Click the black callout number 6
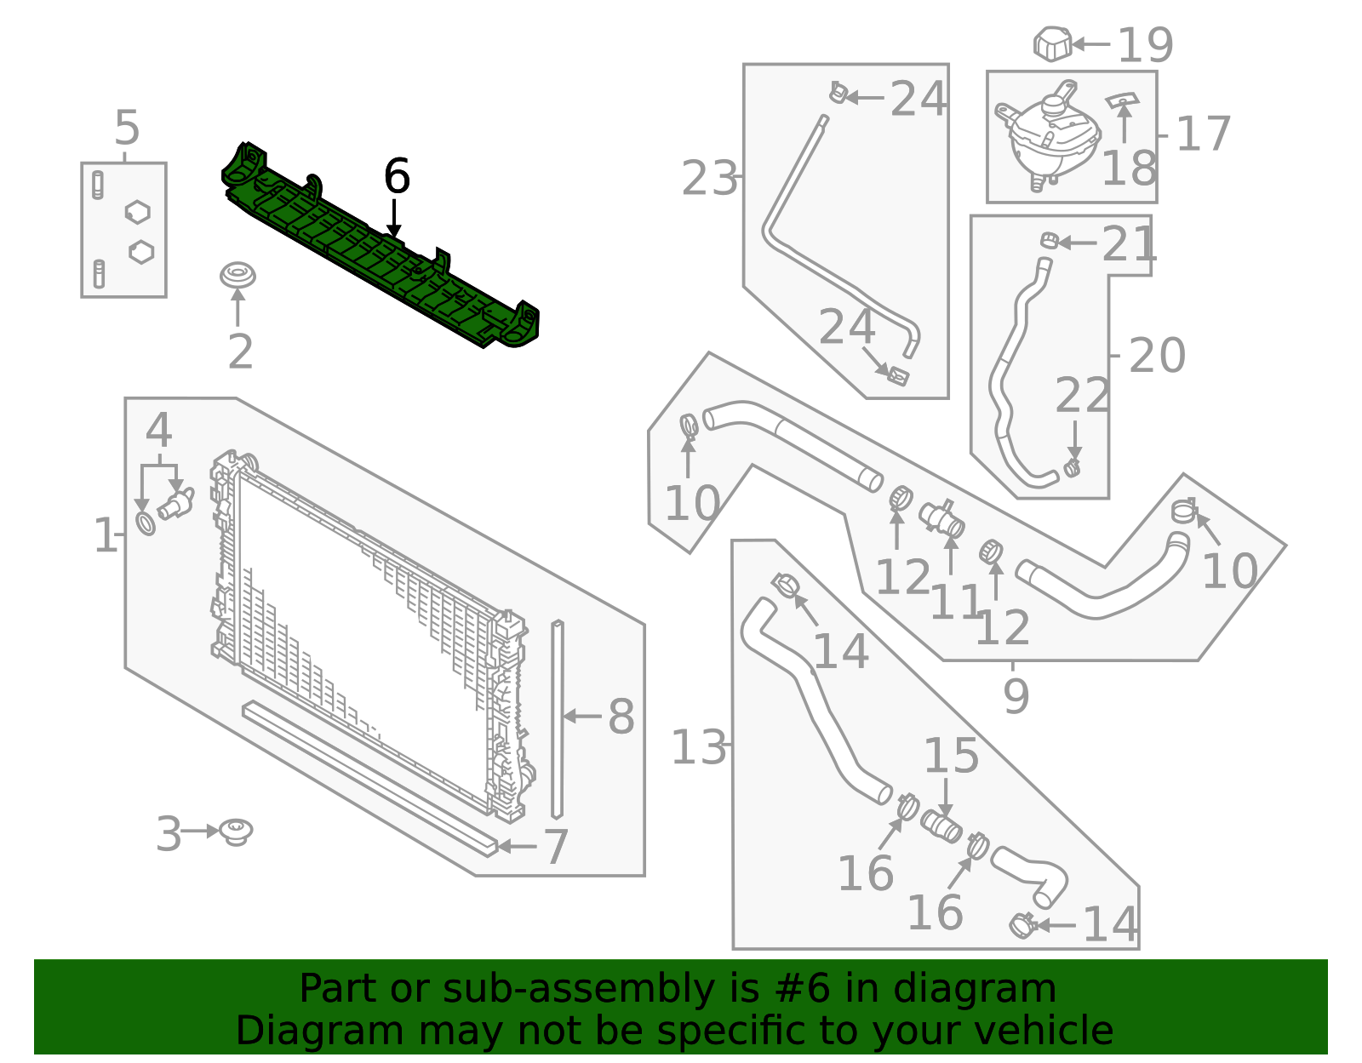click(397, 177)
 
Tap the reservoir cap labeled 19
click(1052, 44)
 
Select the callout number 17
click(1203, 134)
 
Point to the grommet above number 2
click(237, 276)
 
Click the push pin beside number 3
click(236, 831)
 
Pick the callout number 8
click(621, 717)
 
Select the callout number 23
click(709, 179)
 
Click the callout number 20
click(1157, 355)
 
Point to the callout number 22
click(1082, 396)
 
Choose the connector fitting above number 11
click(941, 517)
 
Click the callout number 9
click(1016, 696)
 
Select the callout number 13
click(698, 748)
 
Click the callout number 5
click(127, 129)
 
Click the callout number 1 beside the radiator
click(105, 536)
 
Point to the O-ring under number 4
click(146, 523)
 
